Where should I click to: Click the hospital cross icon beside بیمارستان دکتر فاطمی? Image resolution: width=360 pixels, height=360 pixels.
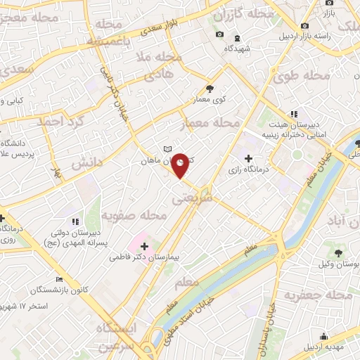click(x=145, y=246)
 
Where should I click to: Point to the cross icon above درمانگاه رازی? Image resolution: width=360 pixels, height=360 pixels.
click(x=248, y=157)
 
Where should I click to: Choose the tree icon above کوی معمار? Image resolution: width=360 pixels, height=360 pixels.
click(x=210, y=89)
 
